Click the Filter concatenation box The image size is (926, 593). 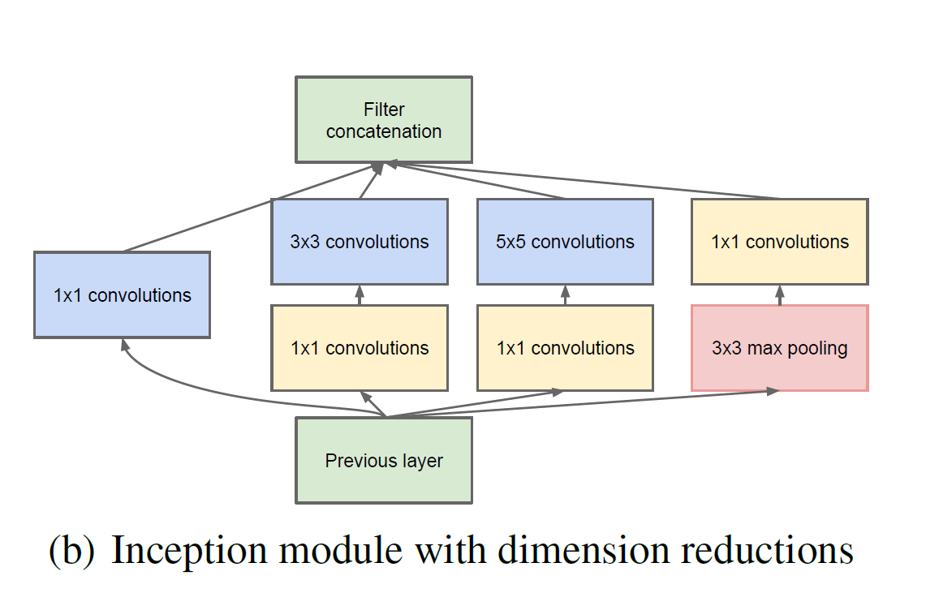[384, 120]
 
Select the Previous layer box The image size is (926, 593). [384, 461]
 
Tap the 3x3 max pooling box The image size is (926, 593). [780, 348]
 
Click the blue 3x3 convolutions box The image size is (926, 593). [360, 242]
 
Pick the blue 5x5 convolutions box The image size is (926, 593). [565, 242]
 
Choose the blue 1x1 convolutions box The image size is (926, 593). [123, 295]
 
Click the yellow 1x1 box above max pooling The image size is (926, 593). [780, 242]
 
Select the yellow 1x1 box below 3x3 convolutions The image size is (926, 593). [360, 348]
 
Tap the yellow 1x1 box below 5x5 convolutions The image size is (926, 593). [565, 348]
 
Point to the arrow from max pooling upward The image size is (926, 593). [780, 295]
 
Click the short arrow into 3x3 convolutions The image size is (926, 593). [360, 295]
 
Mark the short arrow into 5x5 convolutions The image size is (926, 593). [565, 295]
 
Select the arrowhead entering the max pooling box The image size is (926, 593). [773, 391]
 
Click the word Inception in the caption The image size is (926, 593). [189, 550]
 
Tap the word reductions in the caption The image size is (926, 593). [767, 550]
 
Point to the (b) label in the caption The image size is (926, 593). [71, 551]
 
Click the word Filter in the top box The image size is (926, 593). [384, 110]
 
